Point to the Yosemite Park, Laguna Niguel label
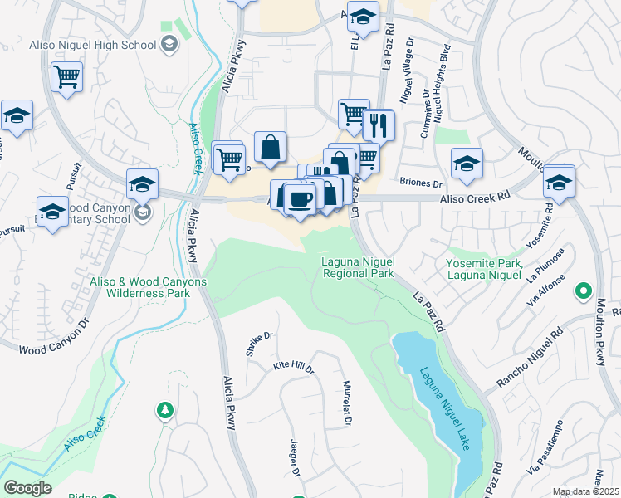pos(485,269)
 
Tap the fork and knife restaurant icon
pos(379,126)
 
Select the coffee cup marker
pos(301,198)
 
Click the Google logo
pos(27,488)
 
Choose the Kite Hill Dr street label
pos(294,366)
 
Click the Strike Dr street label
pos(260,344)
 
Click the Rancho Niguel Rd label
pos(530,358)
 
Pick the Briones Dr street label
pos(421,183)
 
